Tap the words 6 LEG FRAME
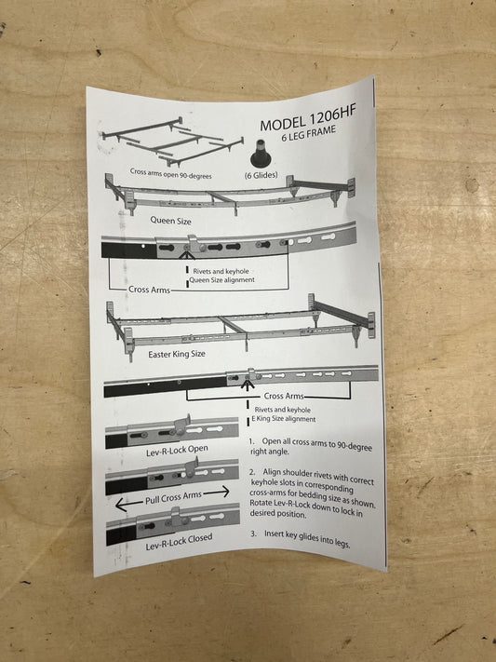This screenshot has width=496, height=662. (x=309, y=133)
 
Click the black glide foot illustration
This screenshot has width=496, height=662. (x=261, y=155)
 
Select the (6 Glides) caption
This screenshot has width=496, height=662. (x=261, y=175)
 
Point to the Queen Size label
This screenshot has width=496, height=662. (x=170, y=221)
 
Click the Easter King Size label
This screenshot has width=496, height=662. (x=177, y=354)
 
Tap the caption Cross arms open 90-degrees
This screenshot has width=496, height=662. (x=170, y=173)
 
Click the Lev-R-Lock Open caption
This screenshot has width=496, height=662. (x=177, y=451)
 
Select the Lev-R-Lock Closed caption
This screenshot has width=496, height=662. (x=179, y=542)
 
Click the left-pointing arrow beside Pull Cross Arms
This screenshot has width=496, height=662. (x=128, y=504)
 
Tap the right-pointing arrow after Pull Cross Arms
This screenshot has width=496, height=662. (x=216, y=492)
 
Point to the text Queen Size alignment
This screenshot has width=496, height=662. (x=222, y=279)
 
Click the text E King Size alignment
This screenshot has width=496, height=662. (x=284, y=419)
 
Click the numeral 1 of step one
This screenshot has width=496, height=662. (x=251, y=440)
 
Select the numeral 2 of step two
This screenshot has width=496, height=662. (x=252, y=471)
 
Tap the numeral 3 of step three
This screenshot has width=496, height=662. (x=253, y=534)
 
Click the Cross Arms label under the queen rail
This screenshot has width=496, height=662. (x=149, y=290)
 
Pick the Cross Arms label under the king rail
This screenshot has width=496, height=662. (x=284, y=396)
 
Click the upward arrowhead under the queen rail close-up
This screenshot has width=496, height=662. (x=187, y=255)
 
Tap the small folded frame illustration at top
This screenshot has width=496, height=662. (x=173, y=142)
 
